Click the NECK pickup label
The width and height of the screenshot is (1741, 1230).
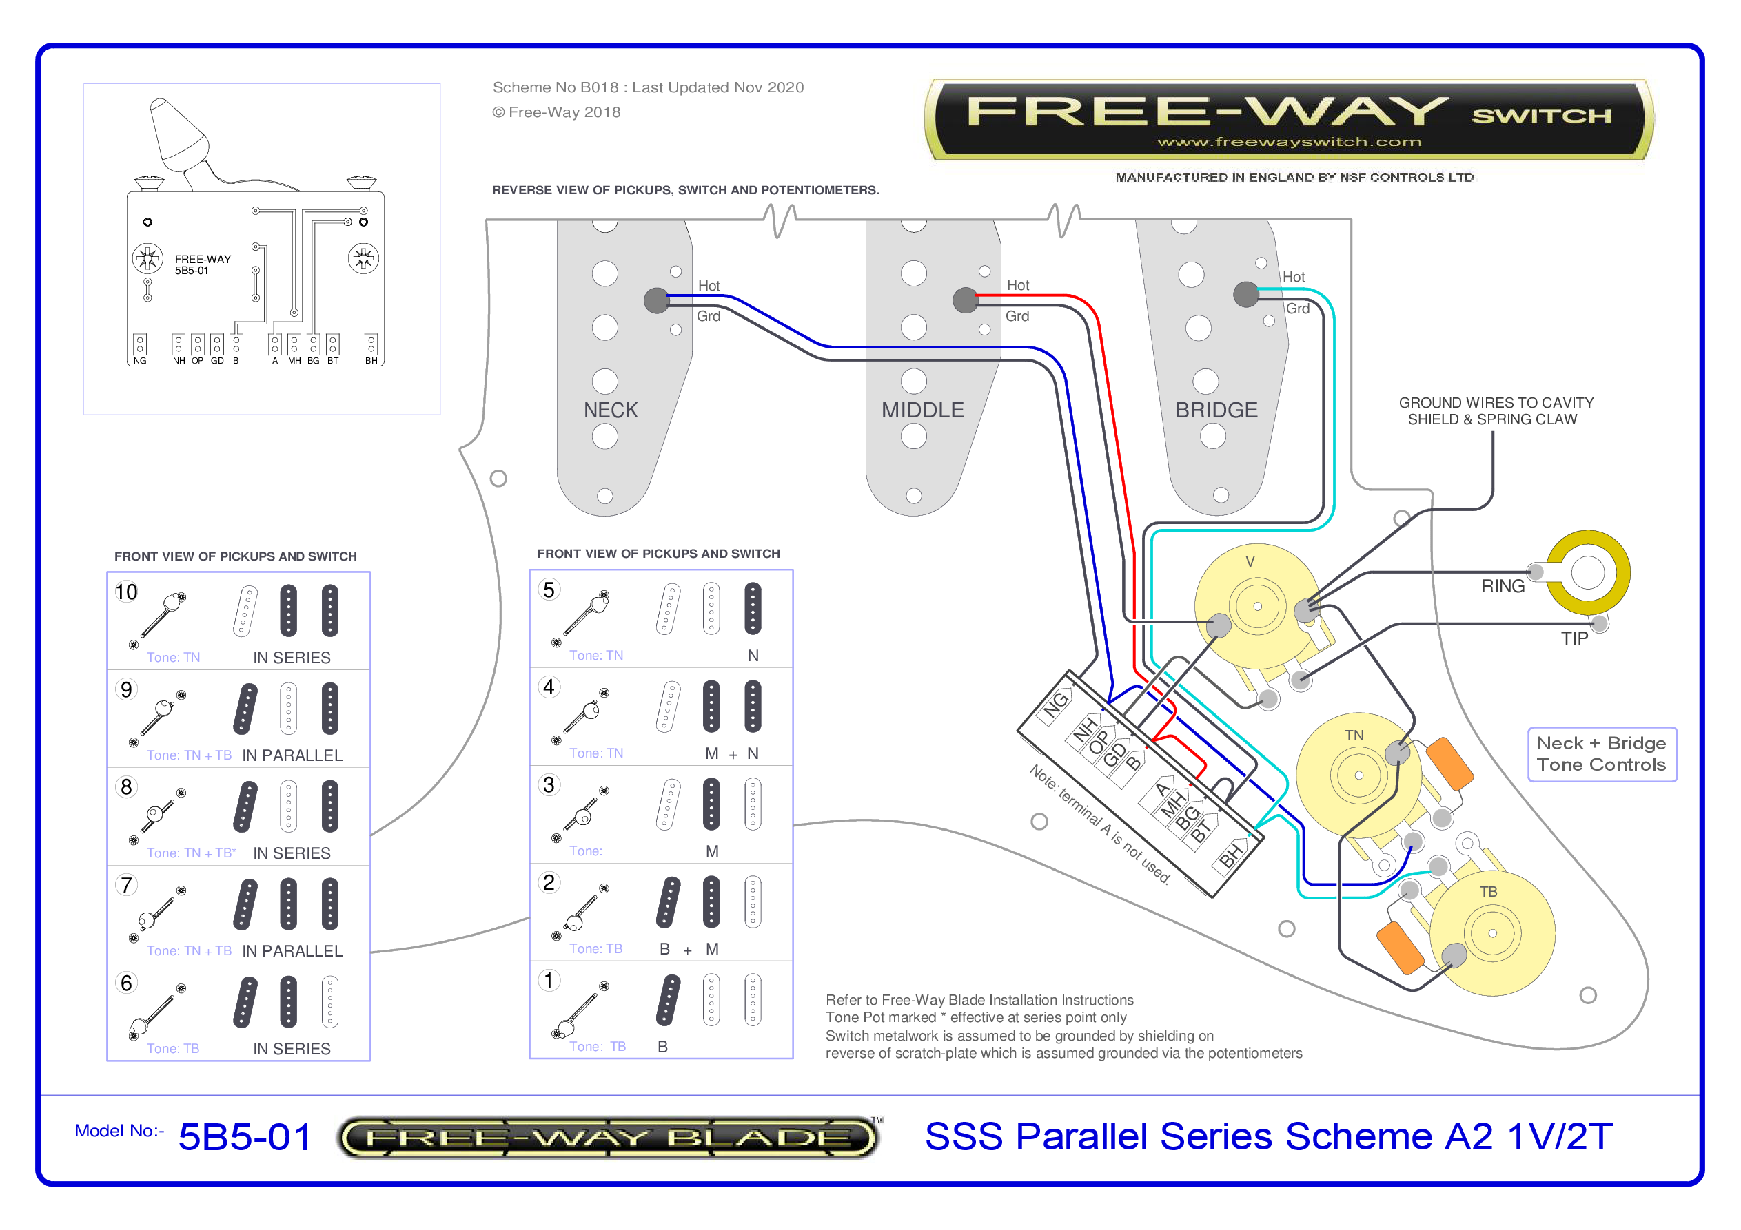click(611, 410)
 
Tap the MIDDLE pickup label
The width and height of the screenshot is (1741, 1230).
click(922, 410)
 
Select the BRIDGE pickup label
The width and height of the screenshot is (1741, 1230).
click(1216, 410)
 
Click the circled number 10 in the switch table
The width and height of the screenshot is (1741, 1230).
click(126, 592)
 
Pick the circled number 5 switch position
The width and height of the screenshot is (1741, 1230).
click(549, 590)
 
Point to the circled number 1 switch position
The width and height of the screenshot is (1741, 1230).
click(549, 980)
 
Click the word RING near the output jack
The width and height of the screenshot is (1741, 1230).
click(1502, 586)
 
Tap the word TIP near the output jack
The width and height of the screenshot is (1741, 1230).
click(1574, 638)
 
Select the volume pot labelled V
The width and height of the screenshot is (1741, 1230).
click(1256, 605)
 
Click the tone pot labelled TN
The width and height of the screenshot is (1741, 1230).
click(1357, 775)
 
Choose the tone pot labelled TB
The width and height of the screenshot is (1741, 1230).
click(1491, 932)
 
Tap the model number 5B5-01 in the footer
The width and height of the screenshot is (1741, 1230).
click(244, 1137)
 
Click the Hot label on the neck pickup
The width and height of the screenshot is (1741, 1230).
click(709, 286)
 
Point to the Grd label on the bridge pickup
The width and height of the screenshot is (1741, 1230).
click(1297, 309)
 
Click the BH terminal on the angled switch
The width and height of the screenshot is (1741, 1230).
click(1231, 855)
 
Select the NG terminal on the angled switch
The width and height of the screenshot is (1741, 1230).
click(1055, 707)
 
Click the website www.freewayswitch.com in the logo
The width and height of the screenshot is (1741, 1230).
click(1288, 142)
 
